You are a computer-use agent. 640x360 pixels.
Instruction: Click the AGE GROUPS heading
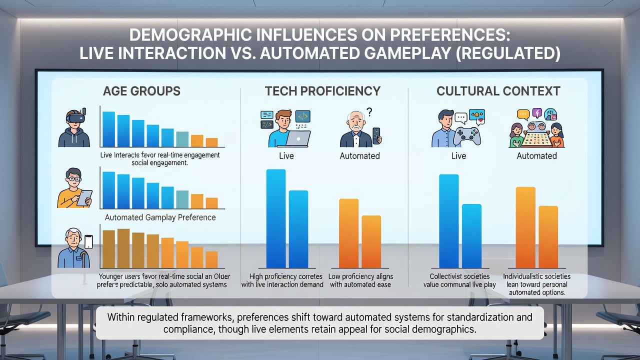(x=141, y=91)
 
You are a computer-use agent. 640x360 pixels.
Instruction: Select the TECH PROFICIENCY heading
(x=322, y=91)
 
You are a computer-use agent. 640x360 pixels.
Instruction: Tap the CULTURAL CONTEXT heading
(x=498, y=91)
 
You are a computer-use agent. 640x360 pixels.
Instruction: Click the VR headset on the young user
(x=75, y=117)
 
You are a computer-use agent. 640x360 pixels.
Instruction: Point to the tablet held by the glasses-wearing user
(x=84, y=197)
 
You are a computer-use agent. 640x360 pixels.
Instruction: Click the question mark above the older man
(x=369, y=111)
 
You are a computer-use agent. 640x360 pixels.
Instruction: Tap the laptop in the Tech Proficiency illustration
(x=298, y=138)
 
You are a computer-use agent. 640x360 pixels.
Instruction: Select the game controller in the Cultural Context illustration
(x=467, y=136)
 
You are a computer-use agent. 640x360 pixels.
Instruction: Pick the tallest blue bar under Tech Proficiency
(x=275, y=218)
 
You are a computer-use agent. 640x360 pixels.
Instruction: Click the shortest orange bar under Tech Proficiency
(x=371, y=241)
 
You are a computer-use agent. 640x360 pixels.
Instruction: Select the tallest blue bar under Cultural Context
(x=449, y=221)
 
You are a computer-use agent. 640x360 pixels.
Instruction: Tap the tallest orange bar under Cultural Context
(x=525, y=227)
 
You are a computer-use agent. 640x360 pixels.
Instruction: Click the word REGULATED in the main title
(x=507, y=53)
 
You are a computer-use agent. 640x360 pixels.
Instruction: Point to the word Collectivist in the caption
(x=445, y=276)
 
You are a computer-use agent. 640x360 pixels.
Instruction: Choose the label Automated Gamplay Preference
(x=160, y=217)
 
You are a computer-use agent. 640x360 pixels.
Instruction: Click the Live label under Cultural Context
(x=458, y=156)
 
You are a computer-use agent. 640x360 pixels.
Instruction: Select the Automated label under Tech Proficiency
(x=359, y=156)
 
